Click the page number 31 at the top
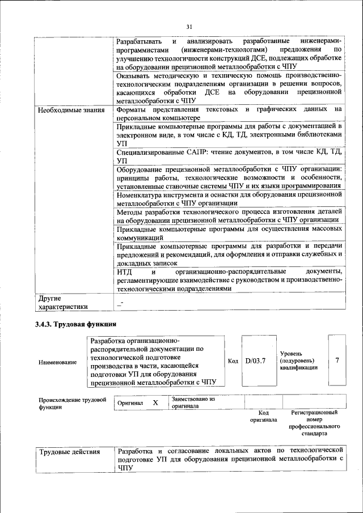coord(189,26)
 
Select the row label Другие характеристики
coord(62,302)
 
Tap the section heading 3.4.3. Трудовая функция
coord(76,324)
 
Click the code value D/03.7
coord(255,361)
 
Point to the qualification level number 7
coord(337,361)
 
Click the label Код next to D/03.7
coord(233,361)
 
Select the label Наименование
coord(57,362)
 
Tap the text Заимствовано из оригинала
coord(193,402)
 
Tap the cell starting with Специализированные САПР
coord(229,156)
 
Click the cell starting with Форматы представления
coord(229,114)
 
